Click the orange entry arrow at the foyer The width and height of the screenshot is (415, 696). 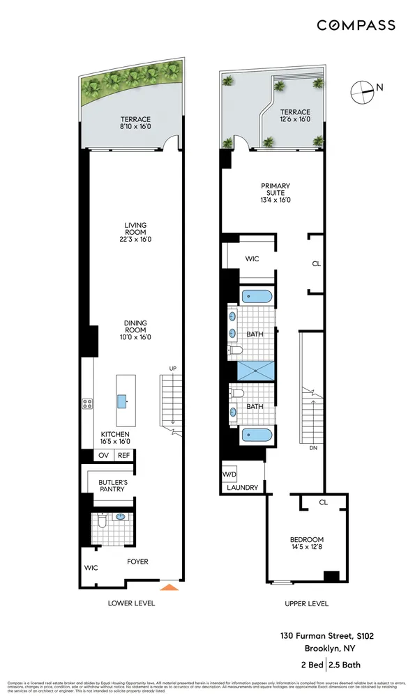pos(169,587)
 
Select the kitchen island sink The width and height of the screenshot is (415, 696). pos(122,400)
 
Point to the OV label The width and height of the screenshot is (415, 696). pos(103,456)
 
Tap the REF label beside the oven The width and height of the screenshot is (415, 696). pos(123,456)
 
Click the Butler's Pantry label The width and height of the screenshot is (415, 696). pos(112,486)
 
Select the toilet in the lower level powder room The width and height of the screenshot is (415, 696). pos(101,519)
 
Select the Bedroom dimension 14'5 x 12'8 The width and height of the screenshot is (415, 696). pos(308,548)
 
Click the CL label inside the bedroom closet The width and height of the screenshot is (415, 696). pos(323,502)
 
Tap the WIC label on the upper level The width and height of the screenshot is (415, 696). pos(252,258)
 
